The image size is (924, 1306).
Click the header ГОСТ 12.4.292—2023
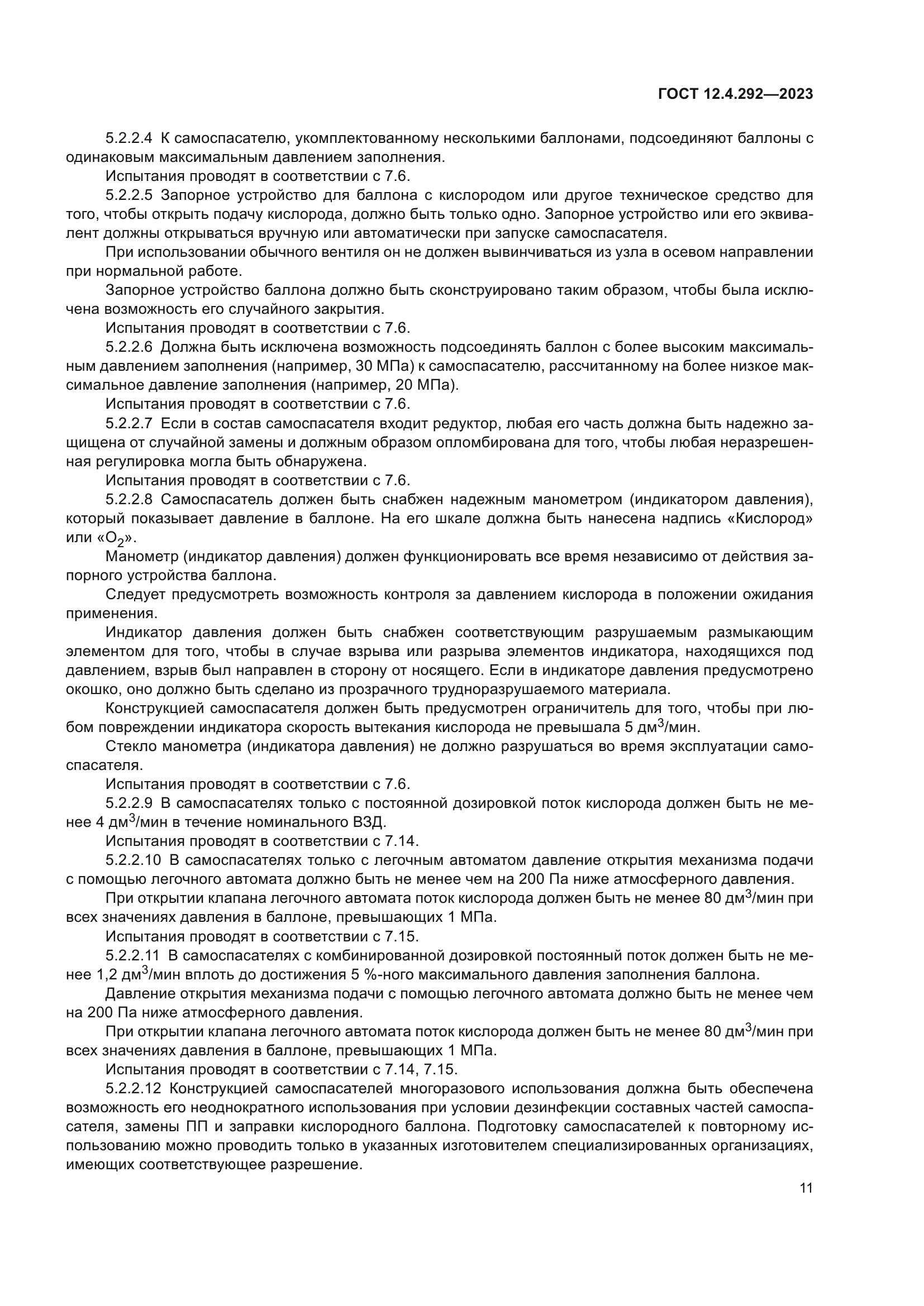coord(735,94)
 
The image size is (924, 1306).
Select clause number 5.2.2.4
coord(129,138)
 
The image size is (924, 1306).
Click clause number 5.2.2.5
coord(129,195)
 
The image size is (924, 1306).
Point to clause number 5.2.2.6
coord(129,347)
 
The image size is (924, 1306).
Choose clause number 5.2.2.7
coord(129,423)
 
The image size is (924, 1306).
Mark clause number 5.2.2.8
coord(129,499)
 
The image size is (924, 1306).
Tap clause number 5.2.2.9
coord(129,803)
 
